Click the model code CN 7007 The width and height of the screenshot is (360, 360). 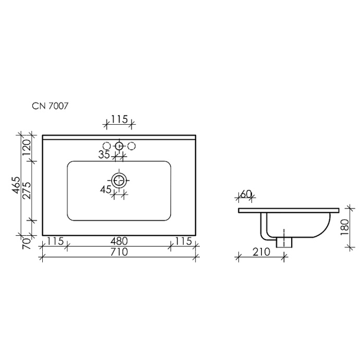coord(47,105)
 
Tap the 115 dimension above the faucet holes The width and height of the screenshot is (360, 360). coord(119,119)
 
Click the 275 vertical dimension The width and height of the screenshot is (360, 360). coord(26,191)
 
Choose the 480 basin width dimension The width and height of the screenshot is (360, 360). coord(119,242)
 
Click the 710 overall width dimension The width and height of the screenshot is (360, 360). coord(119,253)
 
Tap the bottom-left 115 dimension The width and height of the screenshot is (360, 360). coord(55,242)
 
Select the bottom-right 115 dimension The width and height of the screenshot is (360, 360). coord(183,242)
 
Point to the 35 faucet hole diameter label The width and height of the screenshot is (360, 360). coord(104,154)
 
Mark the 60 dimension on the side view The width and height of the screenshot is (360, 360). coord(246,195)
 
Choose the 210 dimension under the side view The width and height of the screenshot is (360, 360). coord(260,252)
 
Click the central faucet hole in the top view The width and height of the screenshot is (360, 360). coord(119,146)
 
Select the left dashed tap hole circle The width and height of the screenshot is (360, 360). coord(106,146)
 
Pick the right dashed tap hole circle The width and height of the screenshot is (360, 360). coord(131,146)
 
